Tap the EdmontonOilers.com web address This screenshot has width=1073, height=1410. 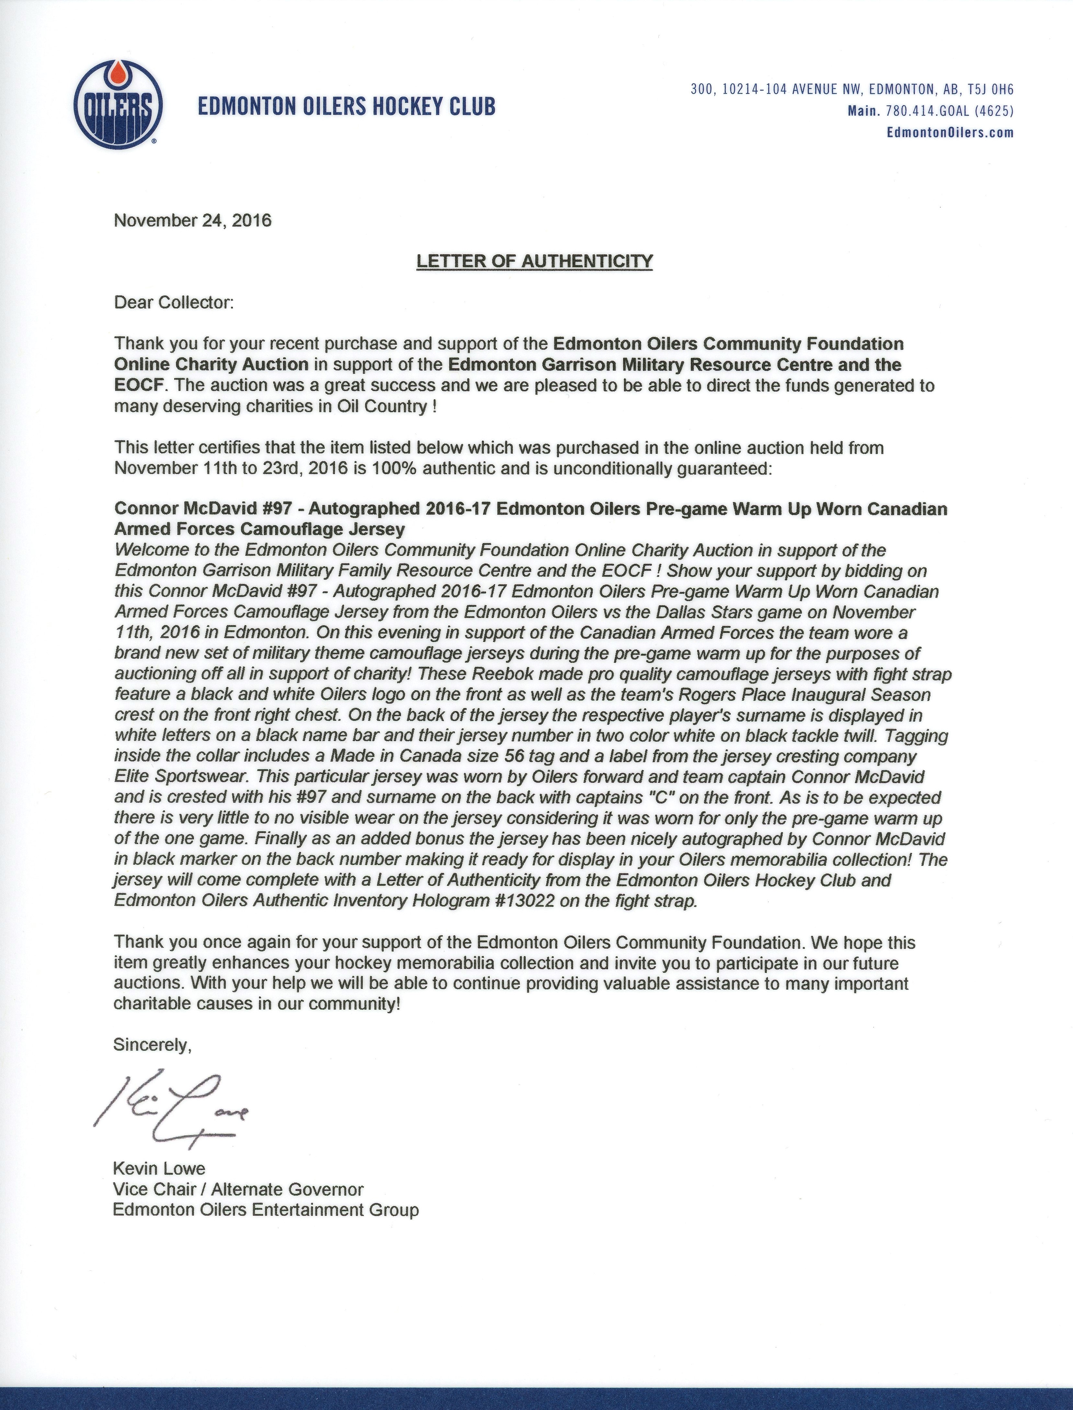click(x=950, y=133)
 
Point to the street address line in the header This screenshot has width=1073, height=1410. click(x=851, y=89)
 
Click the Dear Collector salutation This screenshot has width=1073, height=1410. click(x=174, y=303)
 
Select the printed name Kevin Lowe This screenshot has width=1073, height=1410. click(x=159, y=1169)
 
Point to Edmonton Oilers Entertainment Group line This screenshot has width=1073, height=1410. click(x=266, y=1210)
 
